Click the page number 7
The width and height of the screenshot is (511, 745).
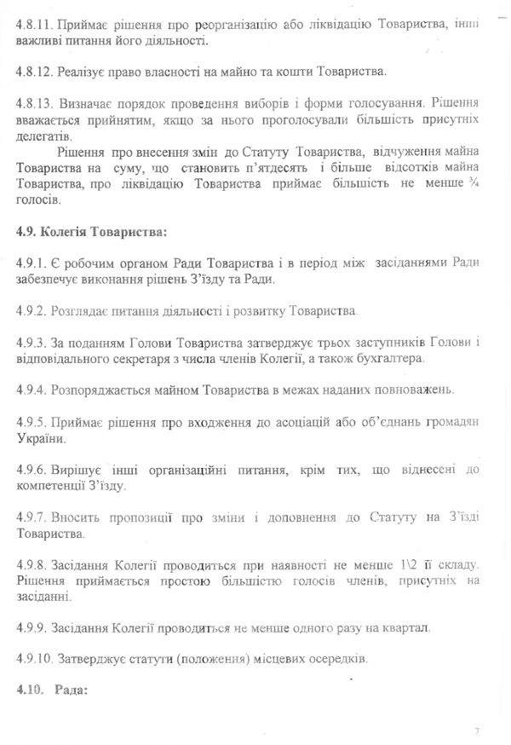(478, 731)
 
